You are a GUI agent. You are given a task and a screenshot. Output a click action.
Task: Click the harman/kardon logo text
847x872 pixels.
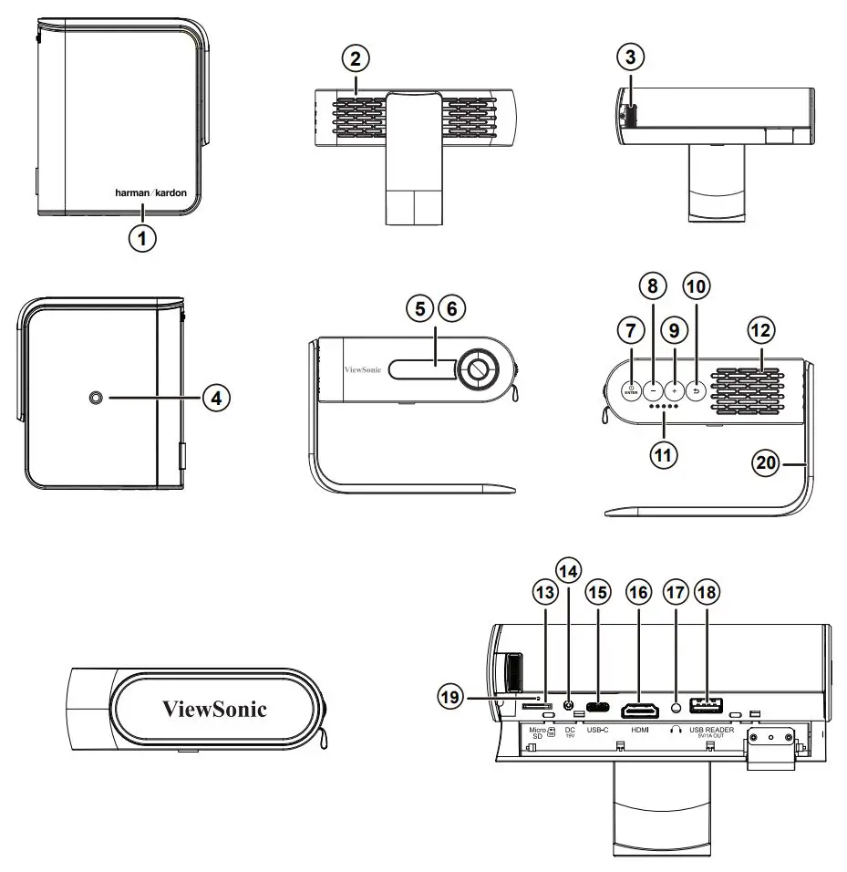click(x=150, y=193)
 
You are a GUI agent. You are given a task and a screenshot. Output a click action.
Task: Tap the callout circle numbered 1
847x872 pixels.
click(x=141, y=238)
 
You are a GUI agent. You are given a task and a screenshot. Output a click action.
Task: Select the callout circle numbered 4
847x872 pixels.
click(x=216, y=398)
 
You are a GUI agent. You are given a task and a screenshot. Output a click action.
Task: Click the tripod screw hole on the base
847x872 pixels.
click(x=97, y=398)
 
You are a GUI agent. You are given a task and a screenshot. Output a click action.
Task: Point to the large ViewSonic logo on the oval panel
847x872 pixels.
click(x=214, y=708)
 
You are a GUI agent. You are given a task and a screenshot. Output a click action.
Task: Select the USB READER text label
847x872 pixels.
click(x=710, y=730)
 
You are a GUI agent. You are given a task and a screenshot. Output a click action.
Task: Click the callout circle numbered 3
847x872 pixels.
click(x=629, y=57)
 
